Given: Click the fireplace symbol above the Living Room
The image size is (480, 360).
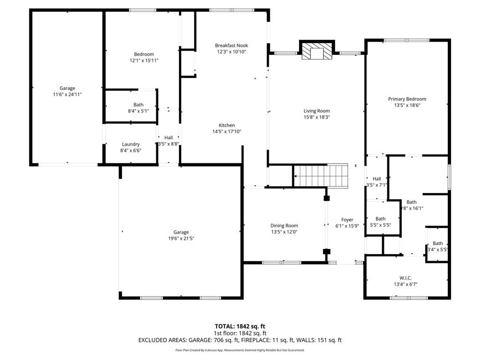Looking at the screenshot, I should point(317,52).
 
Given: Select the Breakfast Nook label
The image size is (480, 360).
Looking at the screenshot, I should point(231,45).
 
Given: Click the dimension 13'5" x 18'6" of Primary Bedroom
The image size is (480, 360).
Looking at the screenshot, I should point(407,105).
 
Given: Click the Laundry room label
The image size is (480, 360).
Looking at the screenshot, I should point(131,144).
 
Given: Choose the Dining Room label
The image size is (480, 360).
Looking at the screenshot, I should point(284,225).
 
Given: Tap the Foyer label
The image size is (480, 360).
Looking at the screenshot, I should point(347,219).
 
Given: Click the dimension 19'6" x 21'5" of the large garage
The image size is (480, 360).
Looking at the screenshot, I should point(181,239).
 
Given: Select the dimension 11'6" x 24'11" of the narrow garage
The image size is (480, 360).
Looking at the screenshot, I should point(67,95).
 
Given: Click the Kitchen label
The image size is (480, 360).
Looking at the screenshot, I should point(226,125).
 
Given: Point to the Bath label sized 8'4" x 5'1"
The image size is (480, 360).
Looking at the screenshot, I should point(138,105).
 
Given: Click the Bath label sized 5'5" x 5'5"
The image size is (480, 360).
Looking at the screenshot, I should point(380,218).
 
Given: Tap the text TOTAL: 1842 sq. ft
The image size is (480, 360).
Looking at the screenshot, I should point(240,326).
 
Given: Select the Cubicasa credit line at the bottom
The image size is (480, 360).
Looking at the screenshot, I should point(240,350).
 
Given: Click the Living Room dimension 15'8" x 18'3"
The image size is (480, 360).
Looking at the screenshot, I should point(317,117).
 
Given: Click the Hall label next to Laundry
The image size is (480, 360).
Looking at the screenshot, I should point(168,137).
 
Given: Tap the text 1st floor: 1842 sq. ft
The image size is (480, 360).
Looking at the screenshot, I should point(240,333).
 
